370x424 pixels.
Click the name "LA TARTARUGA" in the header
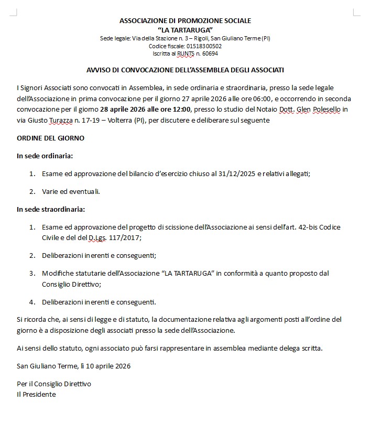coord(185,29)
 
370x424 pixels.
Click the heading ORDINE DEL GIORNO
coord(50,138)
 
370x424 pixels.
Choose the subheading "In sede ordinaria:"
coord(45,156)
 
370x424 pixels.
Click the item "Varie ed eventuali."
coord(71,191)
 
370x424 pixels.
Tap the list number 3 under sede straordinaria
coord(31,273)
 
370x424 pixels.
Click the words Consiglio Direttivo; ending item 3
coord(71,284)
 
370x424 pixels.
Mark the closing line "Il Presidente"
coord(36,394)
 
